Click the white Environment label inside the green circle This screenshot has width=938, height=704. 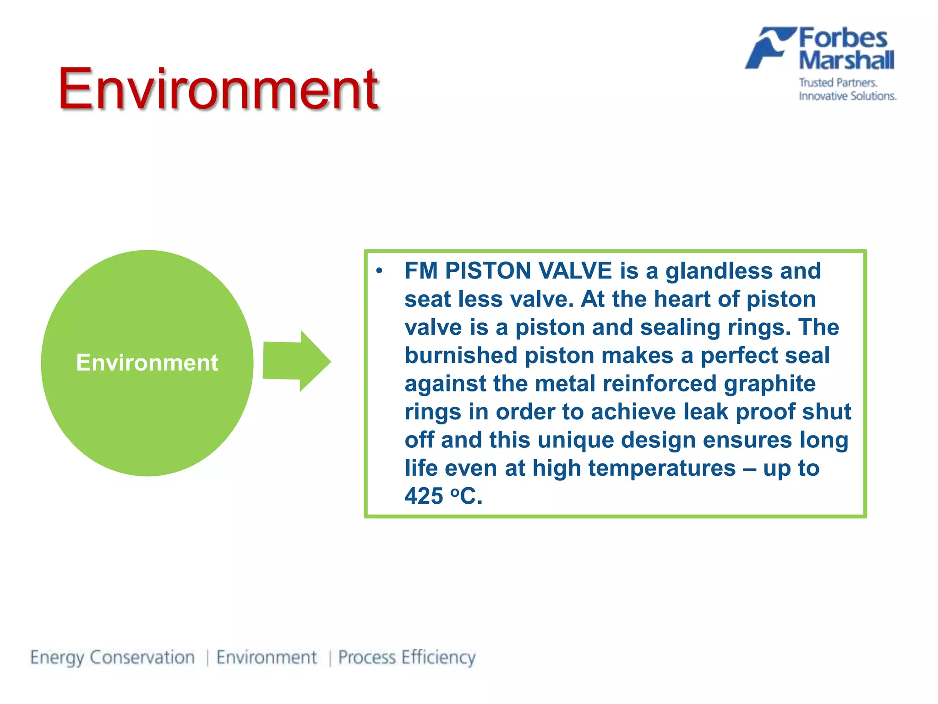click(147, 363)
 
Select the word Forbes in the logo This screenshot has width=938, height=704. click(843, 38)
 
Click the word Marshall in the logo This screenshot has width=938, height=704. click(846, 60)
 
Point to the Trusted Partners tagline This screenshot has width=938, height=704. click(838, 83)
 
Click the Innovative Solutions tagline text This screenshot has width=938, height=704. click(847, 96)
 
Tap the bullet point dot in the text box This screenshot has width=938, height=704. click(379, 271)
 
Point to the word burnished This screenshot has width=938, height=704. click(461, 356)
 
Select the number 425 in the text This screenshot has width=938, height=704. click(424, 496)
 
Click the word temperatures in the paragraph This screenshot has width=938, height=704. click(662, 468)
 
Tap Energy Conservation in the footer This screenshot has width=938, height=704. click(113, 658)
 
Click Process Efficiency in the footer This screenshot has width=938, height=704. click(407, 658)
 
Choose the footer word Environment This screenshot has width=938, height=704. click(267, 658)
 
